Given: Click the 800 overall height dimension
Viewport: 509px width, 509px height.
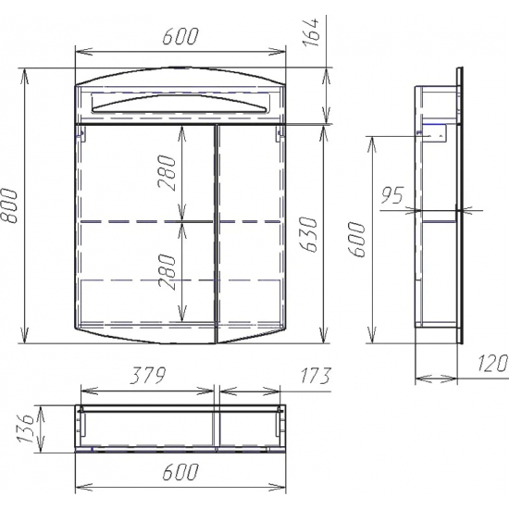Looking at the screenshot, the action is tap(9, 205).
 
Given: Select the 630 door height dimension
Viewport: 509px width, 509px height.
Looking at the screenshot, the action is tap(308, 235).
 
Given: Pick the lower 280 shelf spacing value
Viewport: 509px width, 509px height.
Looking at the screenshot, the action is tap(168, 271).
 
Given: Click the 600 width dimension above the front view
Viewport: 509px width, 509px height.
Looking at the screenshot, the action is tap(180, 36).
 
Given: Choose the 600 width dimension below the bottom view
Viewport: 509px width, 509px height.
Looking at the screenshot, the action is tap(180, 471).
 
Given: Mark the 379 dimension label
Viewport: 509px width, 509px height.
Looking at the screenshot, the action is tap(148, 375).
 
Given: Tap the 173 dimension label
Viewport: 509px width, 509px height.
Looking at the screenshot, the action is tap(315, 375).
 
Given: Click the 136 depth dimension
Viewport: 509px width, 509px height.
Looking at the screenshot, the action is tap(26, 428).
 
